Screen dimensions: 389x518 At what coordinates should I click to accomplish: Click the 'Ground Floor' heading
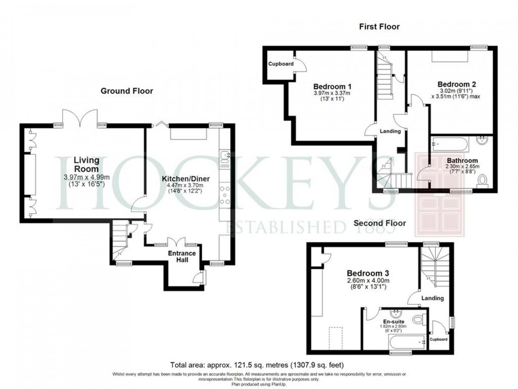click(127, 91)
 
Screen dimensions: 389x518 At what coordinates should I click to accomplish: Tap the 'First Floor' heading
click(379, 26)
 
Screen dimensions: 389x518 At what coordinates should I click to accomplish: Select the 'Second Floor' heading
click(380, 223)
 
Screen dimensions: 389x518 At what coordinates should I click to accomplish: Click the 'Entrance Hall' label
click(182, 257)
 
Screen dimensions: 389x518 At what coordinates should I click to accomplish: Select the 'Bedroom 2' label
click(457, 84)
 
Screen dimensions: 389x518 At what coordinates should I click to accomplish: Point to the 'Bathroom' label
click(462, 160)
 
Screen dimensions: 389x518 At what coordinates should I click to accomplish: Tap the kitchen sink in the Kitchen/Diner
click(224, 157)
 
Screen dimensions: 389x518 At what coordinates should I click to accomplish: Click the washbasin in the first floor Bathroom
click(483, 141)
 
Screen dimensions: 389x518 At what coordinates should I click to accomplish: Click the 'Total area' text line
click(257, 364)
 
